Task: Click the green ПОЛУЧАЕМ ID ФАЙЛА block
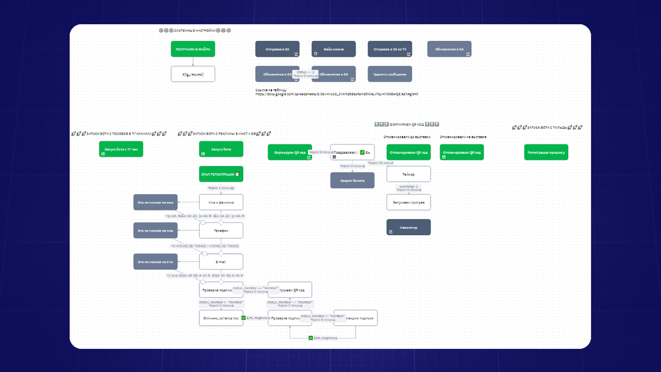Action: (x=193, y=49)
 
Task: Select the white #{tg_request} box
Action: (x=193, y=74)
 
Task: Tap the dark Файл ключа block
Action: (x=333, y=49)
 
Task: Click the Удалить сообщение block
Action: (x=389, y=74)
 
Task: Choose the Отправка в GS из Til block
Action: (x=389, y=49)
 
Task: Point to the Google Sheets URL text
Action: (x=336, y=94)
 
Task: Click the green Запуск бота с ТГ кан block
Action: (x=121, y=149)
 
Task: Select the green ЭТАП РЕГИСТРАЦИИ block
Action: (x=221, y=174)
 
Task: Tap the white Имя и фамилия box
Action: (x=221, y=203)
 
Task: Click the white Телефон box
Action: (x=221, y=230)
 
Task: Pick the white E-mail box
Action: (x=221, y=262)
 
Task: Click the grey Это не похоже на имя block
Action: (x=155, y=203)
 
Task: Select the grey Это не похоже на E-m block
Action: (x=155, y=262)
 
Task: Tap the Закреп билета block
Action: (x=352, y=180)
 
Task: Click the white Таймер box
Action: (x=408, y=174)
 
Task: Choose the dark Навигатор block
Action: (x=408, y=227)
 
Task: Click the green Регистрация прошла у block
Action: (x=546, y=152)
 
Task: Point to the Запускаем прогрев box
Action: (x=408, y=202)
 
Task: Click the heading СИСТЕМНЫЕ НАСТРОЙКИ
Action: (x=194, y=31)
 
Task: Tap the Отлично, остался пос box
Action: (x=220, y=318)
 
